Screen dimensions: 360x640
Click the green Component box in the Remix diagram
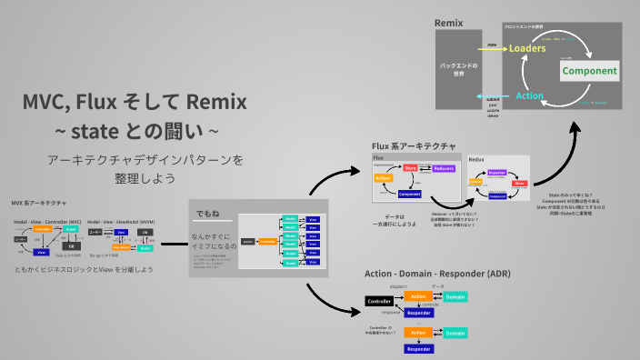pos(589,71)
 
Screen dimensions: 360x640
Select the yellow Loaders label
pos(527,49)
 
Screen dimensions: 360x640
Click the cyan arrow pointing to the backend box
pos(491,95)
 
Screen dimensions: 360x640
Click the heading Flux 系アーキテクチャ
pos(415,145)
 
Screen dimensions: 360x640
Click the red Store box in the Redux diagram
pos(519,183)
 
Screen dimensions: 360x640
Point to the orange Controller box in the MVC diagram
pos(42,229)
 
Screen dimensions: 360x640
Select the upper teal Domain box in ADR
pos(455,297)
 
